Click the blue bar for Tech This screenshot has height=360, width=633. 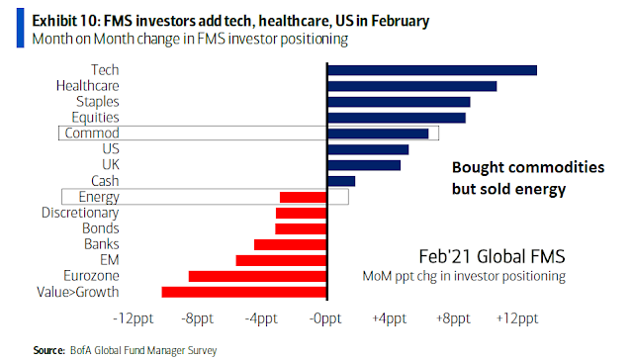pos(432,70)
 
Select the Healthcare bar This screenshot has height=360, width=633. pos(411,86)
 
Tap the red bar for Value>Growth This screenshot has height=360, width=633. pos(244,292)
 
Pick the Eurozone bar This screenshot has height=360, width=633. pos(257,276)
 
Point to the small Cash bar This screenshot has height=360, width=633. pos(341,181)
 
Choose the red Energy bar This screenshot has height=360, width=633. pos(304,197)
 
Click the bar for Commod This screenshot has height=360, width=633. pos(378,134)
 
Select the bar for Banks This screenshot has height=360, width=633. pos(290,244)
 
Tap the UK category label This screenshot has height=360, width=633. pos(111,164)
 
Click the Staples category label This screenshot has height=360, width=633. pos(98,102)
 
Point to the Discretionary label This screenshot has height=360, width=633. pos(80,213)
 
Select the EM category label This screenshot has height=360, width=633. pos(110,259)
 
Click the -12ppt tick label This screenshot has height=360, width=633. pos(134,318)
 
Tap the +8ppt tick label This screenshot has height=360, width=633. pos(453,318)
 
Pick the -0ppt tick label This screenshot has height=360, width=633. pos(325,318)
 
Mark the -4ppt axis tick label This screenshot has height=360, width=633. pos(261,318)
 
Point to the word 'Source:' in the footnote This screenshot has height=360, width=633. pos(48,350)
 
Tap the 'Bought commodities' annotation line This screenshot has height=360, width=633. pos(528,167)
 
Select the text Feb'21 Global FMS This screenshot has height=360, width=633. pos(493,256)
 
